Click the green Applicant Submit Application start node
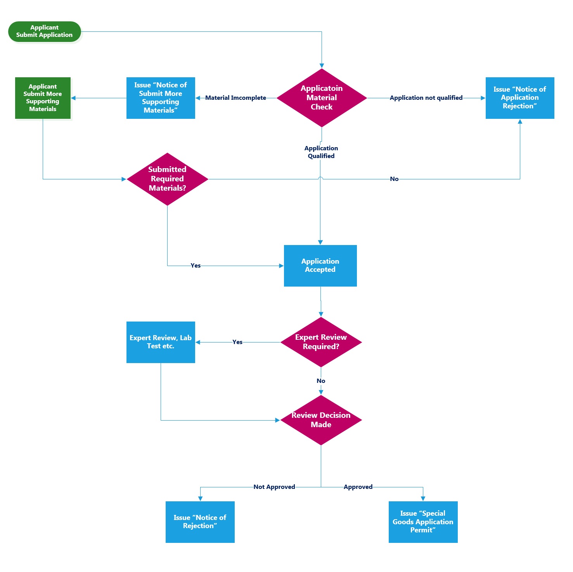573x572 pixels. coord(45,31)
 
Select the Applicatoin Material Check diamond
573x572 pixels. coord(322,98)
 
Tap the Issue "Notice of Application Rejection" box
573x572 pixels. coord(520,98)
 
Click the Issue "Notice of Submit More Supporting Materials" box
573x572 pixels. coord(161,98)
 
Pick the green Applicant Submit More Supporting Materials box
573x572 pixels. coord(43,98)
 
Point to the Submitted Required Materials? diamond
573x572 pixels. coord(167,179)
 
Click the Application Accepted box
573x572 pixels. coord(320,266)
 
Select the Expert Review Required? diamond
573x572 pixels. coord(321,342)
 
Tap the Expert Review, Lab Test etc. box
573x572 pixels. coord(161,342)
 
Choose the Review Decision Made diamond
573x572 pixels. coord(321,420)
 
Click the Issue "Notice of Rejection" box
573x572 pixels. coord(200,522)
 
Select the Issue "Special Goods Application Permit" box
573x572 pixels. coord(423,522)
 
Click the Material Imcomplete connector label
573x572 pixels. coord(235,98)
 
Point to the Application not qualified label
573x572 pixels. coord(426,98)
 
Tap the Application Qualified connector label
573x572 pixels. coord(321,152)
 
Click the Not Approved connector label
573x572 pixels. coord(274,487)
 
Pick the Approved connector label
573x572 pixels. coord(358,487)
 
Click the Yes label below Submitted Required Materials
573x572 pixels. coord(196,266)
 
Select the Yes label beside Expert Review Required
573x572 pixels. coord(237,342)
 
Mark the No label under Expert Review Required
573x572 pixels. coord(321,381)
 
